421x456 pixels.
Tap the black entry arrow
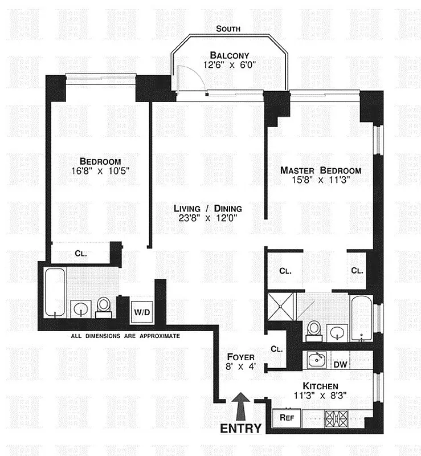pyautogui.click(x=240, y=405)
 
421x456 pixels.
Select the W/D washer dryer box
pyautogui.click(x=140, y=312)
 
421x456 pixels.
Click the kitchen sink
pyautogui.click(x=316, y=360)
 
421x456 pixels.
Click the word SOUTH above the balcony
pyautogui.click(x=228, y=28)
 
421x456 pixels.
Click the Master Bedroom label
pyautogui.click(x=320, y=170)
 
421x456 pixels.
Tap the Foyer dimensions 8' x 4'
pyautogui.click(x=240, y=367)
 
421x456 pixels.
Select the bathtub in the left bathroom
pyautogui.click(x=55, y=293)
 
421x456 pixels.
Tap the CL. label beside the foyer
pyautogui.click(x=277, y=349)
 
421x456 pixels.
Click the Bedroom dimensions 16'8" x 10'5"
pyautogui.click(x=100, y=170)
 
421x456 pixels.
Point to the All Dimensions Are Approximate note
pyautogui.click(x=125, y=336)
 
